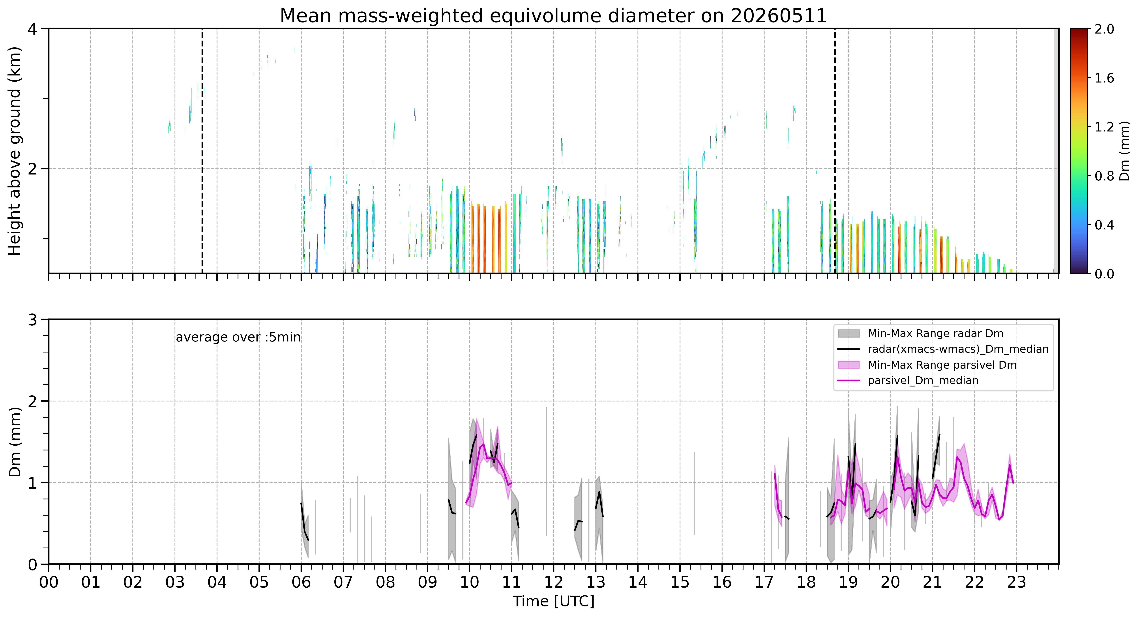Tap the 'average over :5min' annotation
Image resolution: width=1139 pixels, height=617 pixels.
(x=238, y=338)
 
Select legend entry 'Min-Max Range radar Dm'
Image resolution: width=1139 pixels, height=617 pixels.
(x=935, y=334)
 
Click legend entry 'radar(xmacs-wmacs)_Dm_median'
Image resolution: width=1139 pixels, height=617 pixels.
(x=958, y=349)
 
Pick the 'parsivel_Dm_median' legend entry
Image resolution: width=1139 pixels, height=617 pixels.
(x=923, y=380)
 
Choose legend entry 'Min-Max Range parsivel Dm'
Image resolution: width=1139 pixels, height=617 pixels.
(x=942, y=365)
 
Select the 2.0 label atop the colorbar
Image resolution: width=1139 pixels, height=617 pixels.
(x=1104, y=29)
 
